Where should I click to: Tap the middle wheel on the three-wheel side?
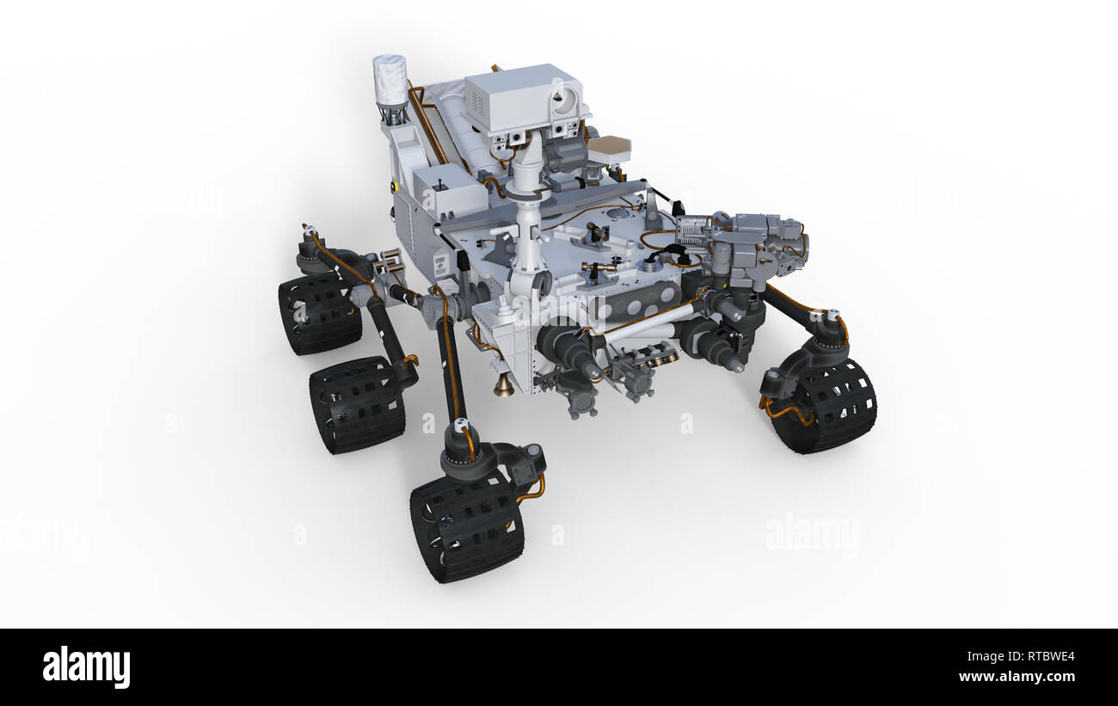[357, 404]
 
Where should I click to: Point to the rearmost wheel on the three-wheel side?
[319, 314]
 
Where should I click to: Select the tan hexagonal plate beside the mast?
[609, 148]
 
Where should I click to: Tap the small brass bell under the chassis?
[503, 386]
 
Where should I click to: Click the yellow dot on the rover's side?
[394, 185]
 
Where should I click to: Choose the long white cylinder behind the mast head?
[459, 129]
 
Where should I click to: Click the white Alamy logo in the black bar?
[86, 667]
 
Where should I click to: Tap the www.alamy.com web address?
[1016, 678]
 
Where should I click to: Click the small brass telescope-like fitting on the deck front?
[599, 268]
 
